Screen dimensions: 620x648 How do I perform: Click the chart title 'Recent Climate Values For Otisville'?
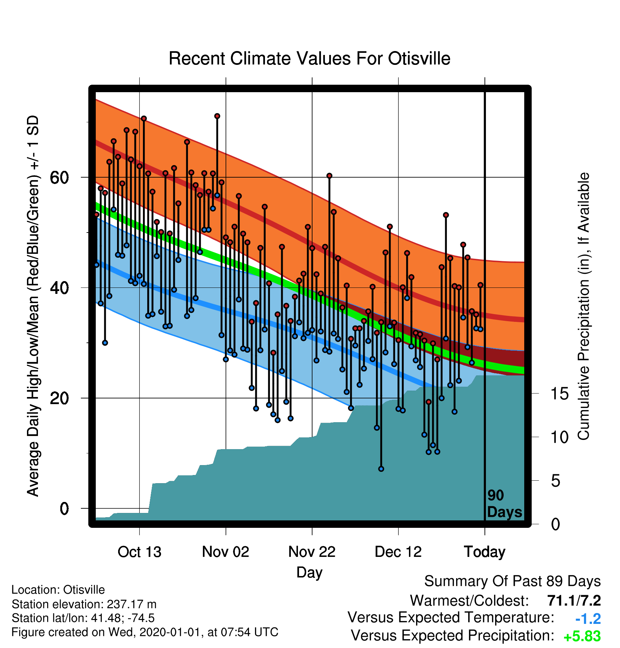pyautogui.click(x=309, y=58)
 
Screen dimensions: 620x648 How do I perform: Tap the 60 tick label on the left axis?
pyautogui.click(x=59, y=177)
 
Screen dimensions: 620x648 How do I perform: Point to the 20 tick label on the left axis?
pyautogui.click(x=59, y=398)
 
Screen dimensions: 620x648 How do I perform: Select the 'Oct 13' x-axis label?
pyautogui.click(x=139, y=552)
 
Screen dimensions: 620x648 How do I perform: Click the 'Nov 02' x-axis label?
pyautogui.click(x=226, y=552)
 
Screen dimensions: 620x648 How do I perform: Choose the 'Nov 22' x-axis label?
pyautogui.click(x=312, y=552)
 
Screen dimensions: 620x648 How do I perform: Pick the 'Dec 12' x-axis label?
pyautogui.click(x=398, y=552)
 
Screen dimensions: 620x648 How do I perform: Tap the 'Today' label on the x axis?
pyautogui.click(x=485, y=552)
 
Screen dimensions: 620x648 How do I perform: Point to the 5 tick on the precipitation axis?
pyautogui.click(x=556, y=481)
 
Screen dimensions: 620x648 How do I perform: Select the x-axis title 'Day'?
pyautogui.click(x=309, y=573)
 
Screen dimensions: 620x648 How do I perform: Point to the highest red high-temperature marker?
pyautogui.click(x=217, y=116)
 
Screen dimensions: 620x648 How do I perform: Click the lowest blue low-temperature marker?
pyautogui.click(x=381, y=469)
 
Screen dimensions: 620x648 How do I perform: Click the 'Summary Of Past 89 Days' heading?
pyautogui.click(x=513, y=582)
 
